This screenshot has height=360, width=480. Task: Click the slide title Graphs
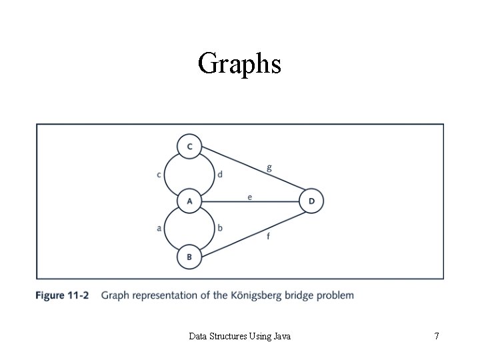pos(239,64)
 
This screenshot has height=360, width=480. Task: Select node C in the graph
pos(190,146)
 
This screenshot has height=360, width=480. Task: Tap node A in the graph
pos(190,201)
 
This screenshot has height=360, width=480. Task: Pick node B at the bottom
pos(190,256)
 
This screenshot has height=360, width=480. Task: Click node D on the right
pos(311,201)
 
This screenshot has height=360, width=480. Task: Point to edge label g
pos(269,168)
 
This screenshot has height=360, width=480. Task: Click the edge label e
pos(249,196)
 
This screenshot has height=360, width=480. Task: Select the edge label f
pos(268,235)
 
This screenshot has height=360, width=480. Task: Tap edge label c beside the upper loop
pos(159,175)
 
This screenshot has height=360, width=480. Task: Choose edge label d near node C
pos(220,175)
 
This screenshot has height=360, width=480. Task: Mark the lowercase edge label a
pos(159,228)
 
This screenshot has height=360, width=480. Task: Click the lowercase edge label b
pos(220,228)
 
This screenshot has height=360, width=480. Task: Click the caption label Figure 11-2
pos(63,295)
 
